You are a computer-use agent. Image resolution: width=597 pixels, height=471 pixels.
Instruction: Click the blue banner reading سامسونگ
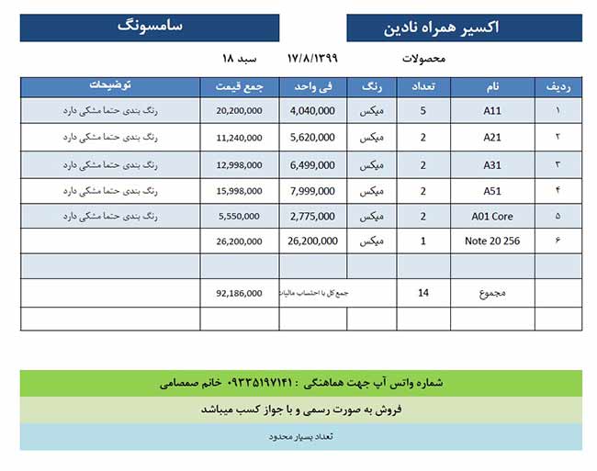(x=150, y=27)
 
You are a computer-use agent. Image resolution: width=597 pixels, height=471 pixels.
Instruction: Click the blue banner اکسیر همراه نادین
(x=464, y=28)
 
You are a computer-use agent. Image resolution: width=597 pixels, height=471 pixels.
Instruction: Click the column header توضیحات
(x=110, y=86)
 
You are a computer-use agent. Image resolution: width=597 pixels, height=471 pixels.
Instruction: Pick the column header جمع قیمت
(x=239, y=87)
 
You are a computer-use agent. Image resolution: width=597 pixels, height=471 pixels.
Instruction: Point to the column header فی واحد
(x=313, y=87)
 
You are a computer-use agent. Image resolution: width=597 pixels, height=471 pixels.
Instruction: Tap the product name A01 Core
(x=491, y=217)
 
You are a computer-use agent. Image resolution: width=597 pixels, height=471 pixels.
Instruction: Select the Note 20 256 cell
(x=491, y=242)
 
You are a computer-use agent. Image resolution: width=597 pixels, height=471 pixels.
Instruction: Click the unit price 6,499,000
(x=312, y=165)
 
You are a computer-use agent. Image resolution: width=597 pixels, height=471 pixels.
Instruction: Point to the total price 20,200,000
(x=240, y=111)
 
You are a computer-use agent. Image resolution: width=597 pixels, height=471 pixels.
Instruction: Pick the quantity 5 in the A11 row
(x=422, y=111)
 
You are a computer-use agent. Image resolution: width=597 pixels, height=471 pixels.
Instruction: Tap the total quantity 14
(x=422, y=294)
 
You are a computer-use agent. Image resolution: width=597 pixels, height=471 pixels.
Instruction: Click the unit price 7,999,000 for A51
(x=312, y=191)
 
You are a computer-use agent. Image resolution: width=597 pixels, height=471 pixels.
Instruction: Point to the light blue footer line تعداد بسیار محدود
(x=300, y=436)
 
